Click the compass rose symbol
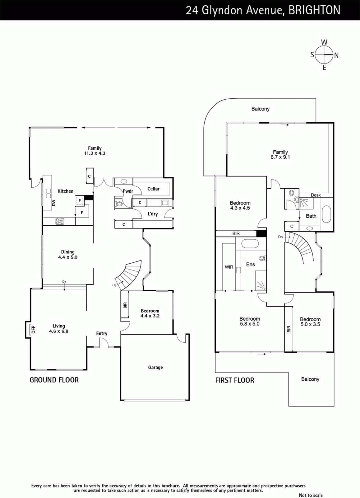324,55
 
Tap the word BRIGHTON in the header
314,10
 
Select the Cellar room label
154,189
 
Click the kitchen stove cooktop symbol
60,221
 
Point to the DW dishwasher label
54,203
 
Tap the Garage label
155,368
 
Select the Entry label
102,333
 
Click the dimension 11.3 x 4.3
95,153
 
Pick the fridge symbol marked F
80,201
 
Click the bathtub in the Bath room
326,214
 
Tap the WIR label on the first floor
229,267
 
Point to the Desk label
316,195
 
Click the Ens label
251,264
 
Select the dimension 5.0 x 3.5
310,324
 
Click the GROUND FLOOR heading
54,380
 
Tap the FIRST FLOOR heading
235,380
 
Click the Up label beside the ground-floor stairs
114,285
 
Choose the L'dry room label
153,214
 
